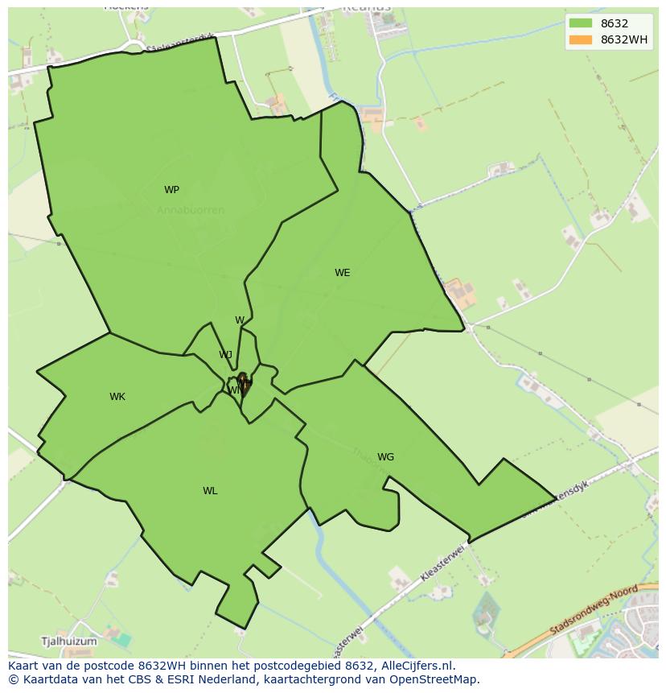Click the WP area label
point(171,190)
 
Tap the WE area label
point(342,273)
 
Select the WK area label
point(117,397)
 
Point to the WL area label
point(210,491)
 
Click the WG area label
point(385,457)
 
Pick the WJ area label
point(225,355)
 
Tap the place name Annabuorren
point(191,210)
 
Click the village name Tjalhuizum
point(68,641)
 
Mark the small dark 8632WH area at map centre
point(243,382)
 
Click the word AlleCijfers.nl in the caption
point(417,666)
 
